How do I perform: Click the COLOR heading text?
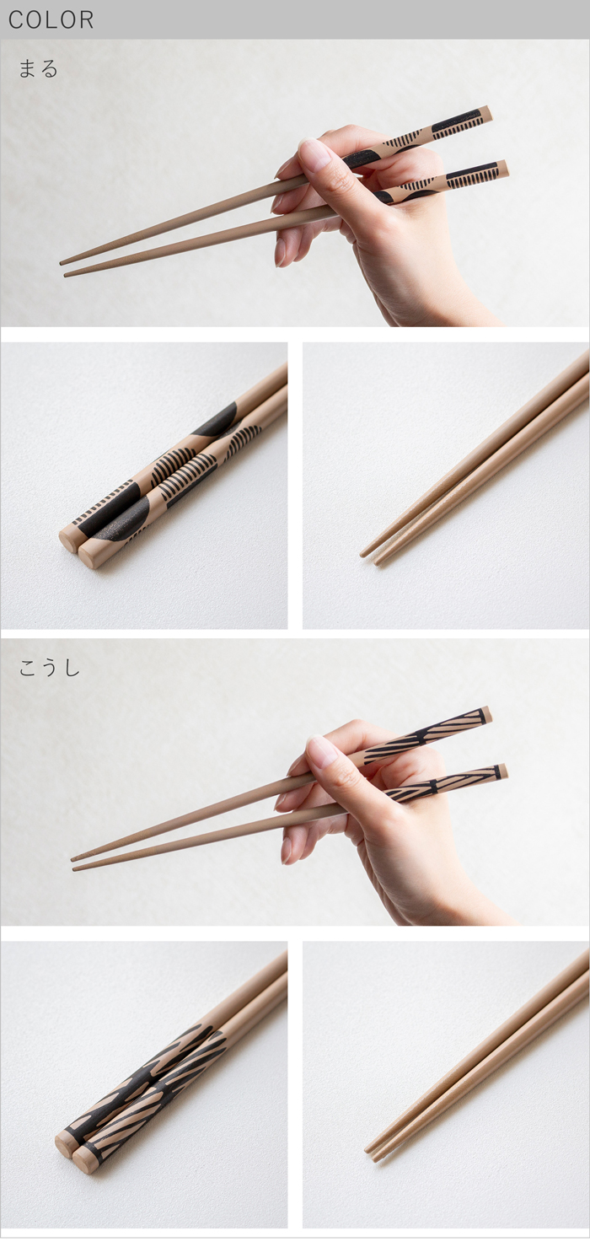coord(51,20)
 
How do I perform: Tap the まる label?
coord(38,68)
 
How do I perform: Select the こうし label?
coord(49,668)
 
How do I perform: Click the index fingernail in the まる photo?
coord(315,153)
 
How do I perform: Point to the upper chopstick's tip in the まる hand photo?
coord(62,262)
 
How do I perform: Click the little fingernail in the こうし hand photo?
coord(286,851)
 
